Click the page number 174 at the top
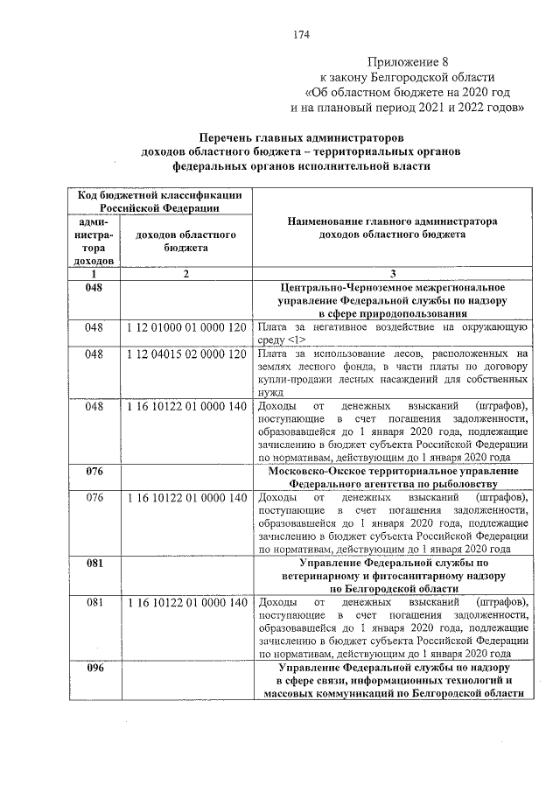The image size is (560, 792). pos(302,35)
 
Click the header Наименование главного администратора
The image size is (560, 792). pos(391,221)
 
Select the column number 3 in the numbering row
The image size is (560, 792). pos(392,274)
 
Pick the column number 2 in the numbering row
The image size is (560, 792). pos(185,274)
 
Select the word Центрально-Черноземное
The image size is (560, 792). pos(341,287)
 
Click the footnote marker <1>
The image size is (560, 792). pos(296,340)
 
